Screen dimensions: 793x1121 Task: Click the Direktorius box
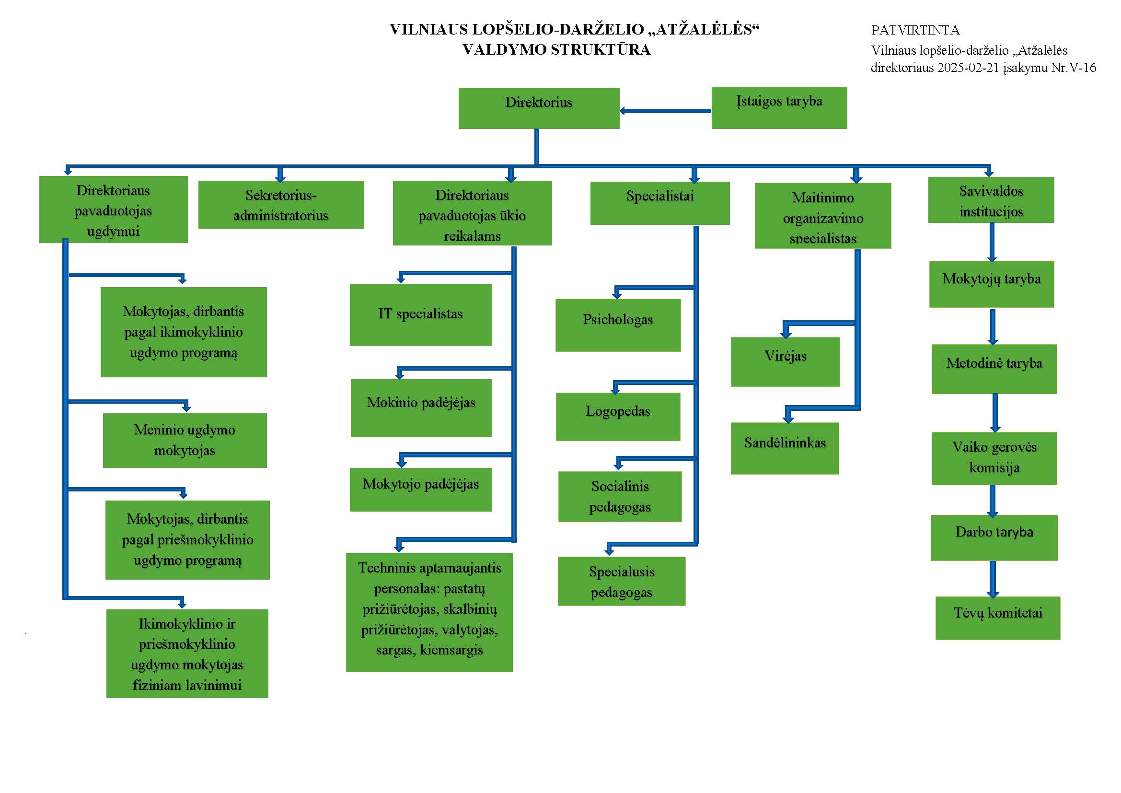539,108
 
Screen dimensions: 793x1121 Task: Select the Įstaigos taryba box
779,108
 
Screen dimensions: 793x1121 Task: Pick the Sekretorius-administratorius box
281,205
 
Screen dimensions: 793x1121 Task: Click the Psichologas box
618,325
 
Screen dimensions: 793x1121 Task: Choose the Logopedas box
618,417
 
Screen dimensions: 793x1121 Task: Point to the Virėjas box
785,362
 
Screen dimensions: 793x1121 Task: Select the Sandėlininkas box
785,448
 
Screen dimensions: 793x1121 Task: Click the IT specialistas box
420,315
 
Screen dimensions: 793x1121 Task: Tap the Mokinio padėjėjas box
421,408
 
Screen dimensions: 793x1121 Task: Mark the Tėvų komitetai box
997,618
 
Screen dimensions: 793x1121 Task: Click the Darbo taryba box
994,537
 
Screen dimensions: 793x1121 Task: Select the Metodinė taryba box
994,369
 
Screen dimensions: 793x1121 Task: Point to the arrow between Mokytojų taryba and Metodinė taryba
993,326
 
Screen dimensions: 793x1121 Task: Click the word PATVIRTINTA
915,30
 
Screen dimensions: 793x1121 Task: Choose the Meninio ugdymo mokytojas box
185,440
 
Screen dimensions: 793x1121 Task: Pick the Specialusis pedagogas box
622,581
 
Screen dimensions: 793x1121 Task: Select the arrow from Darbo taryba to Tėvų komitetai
993,579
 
